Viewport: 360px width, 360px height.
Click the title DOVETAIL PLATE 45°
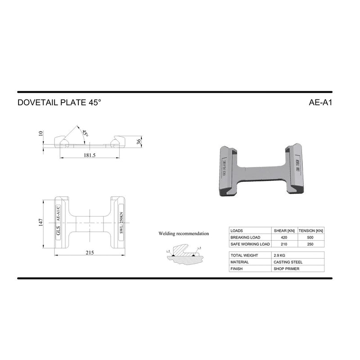[x=59, y=102]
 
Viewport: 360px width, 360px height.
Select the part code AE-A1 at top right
[x=320, y=102]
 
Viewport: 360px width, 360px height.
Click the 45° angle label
[x=84, y=133]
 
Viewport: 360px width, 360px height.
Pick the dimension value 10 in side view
[x=40, y=134]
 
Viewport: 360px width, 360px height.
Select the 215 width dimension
[x=90, y=253]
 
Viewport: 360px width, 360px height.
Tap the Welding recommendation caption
[x=184, y=234]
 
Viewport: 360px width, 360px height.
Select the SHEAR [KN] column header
[x=283, y=230]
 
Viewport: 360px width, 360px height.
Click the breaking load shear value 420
[x=283, y=237]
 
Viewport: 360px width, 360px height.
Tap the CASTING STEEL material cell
[x=288, y=262]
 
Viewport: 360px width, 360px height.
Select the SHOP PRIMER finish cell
[x=286, y=269]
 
